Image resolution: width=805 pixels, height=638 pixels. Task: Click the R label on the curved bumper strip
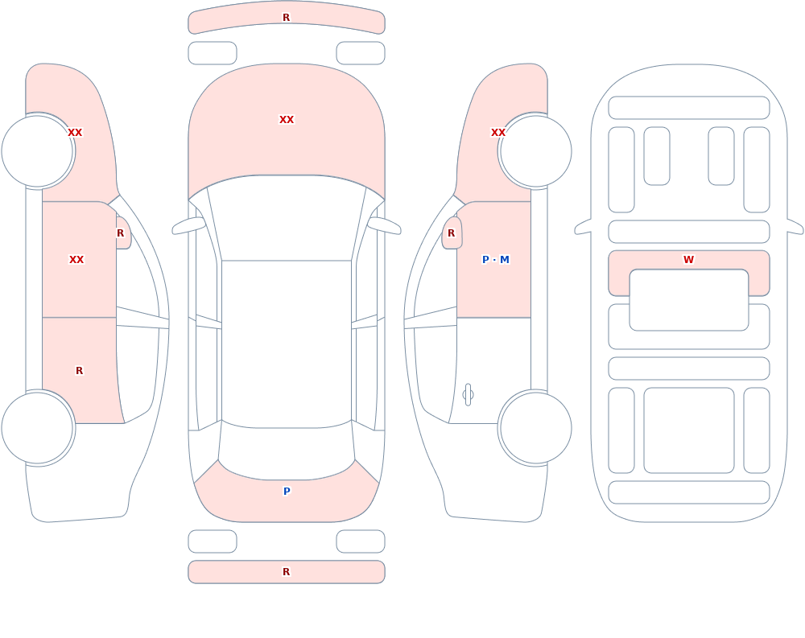coord(287,18)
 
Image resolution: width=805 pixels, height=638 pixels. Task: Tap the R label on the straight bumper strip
coord(287,572)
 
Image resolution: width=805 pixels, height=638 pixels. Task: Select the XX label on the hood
coord(287,120)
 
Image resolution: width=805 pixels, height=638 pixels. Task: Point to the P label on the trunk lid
coord(287,492)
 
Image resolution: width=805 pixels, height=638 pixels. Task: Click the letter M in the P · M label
coord(505,260)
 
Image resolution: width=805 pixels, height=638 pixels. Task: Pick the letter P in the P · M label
coord(485,260)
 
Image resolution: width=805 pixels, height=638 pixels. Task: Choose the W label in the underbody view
coord(688,260)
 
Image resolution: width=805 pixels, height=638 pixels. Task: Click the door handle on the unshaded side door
coord(468,395)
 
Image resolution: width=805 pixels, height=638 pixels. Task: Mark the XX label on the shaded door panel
coord(76,260)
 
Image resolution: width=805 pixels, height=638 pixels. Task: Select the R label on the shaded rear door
coord(79,371)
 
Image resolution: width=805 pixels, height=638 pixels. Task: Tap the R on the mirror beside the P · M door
coord(452,233)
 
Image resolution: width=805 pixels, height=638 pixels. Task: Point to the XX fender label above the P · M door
coord(498,133)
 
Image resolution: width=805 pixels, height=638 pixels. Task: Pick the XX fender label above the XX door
coord(75,133)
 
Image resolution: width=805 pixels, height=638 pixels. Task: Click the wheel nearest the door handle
coord(535,427)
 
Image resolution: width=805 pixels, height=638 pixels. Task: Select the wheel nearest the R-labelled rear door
coord(37,427)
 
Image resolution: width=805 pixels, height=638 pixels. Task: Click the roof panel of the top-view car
coord(287,344)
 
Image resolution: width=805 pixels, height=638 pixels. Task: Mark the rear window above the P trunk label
coord(287,451)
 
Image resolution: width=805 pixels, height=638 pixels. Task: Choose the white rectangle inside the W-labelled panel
coord(689,300)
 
